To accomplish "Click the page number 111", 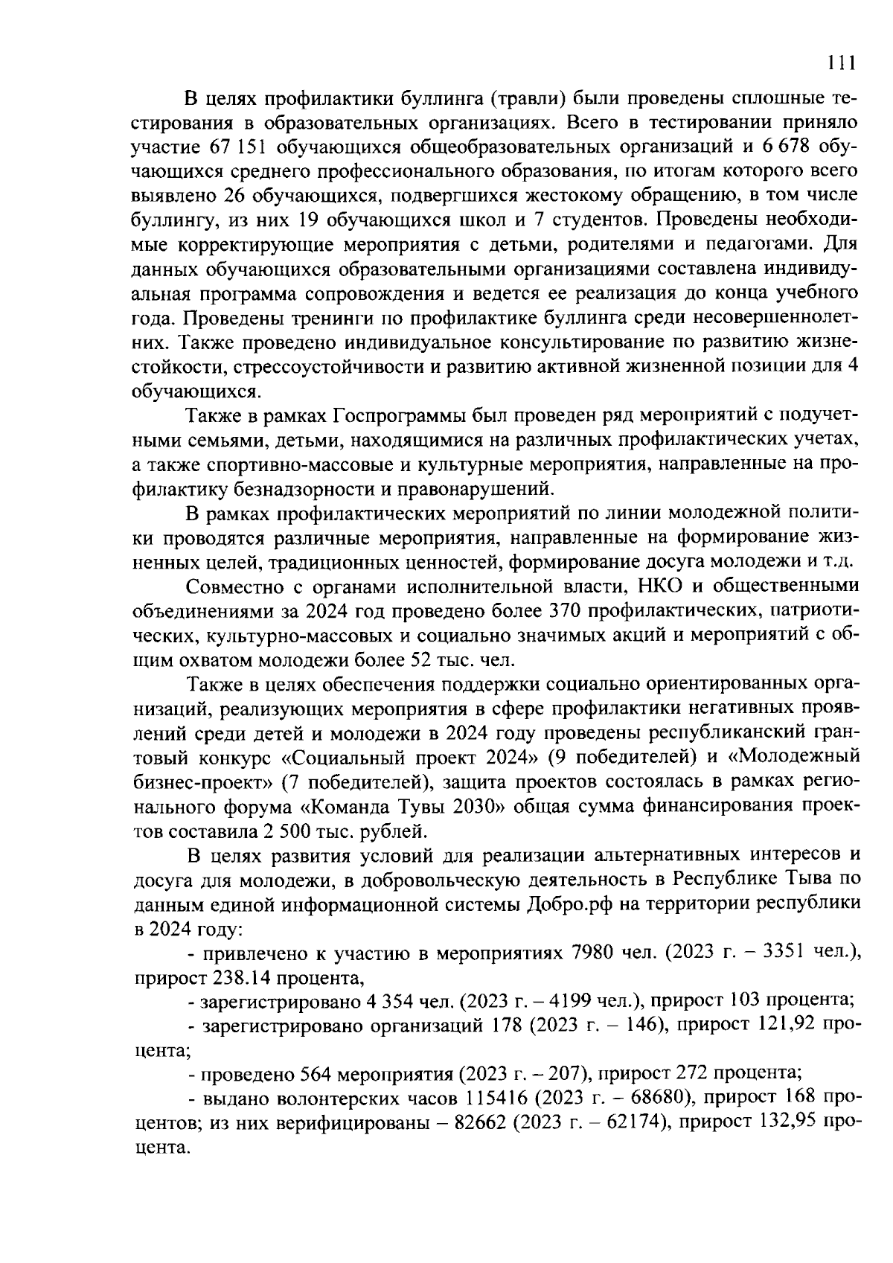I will click(x=842, y=64).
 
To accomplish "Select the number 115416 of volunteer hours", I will click(x=497, y=1099).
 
